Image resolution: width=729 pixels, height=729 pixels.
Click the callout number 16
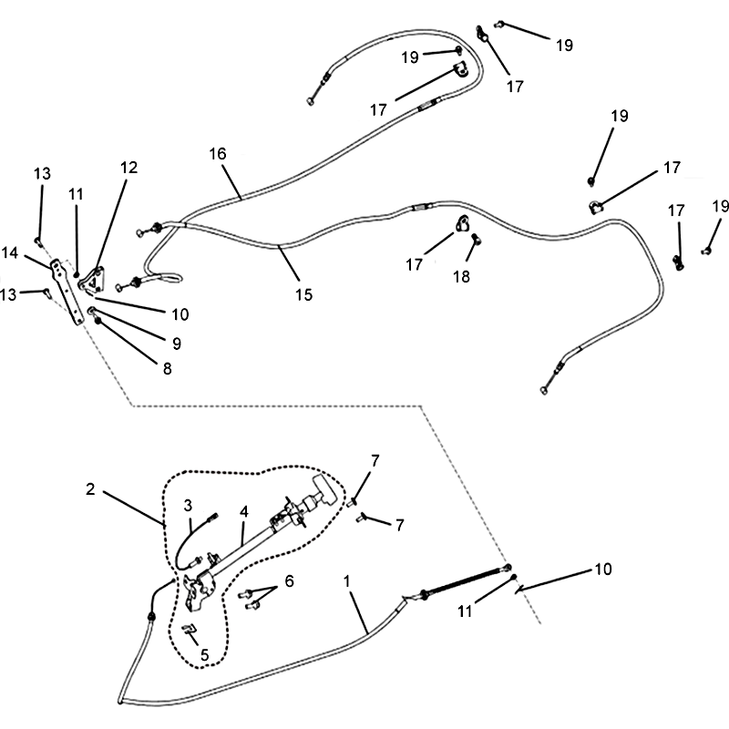point(218,154)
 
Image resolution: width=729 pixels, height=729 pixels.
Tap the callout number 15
point(304,294)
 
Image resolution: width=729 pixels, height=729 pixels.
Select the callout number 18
point(461,277)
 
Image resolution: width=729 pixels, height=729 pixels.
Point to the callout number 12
point(129,168)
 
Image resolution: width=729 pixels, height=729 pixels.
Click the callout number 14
point(10,253)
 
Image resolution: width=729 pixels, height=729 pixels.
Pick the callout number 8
point(167,369)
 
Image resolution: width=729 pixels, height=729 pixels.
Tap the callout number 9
point(177,344)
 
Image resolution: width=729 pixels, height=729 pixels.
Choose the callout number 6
point(289,580)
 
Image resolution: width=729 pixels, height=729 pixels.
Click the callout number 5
point(204,655)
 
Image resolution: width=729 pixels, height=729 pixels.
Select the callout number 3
point(188,506)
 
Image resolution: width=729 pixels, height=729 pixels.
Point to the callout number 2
point(90,489)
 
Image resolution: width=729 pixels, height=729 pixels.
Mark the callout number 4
point(244,512)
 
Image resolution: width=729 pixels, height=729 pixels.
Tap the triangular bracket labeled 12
point(94,281)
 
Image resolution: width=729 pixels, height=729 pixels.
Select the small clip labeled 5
point(190,630)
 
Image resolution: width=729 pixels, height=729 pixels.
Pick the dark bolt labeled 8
point(98,321)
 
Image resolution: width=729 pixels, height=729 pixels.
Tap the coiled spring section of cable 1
point(465,580)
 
